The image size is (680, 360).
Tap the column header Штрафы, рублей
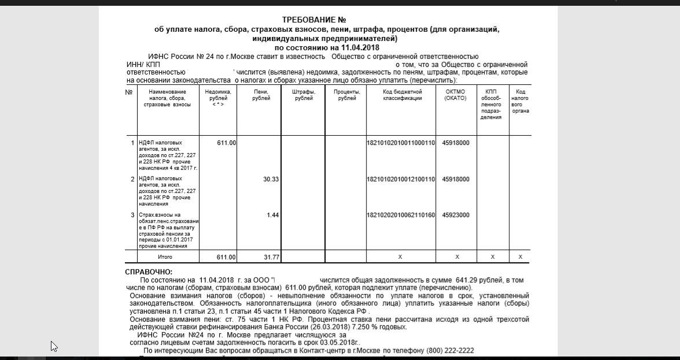(x=304, y=95)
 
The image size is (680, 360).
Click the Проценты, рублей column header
(x=346, y=95)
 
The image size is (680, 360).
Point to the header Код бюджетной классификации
(x=402, y=95)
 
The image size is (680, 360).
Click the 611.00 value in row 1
(x=226, y=143)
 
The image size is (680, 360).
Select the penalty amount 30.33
(x=271, y=179)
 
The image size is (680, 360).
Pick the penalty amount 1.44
(x=273, y=215)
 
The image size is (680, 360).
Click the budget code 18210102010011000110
(x=401, y=143)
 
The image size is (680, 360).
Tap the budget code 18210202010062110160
(x=401, y=215)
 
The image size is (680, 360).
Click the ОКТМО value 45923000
(x=456, y=215)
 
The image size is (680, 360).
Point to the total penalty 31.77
(x=271, y=257)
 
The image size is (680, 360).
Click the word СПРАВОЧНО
(x=149, y=272)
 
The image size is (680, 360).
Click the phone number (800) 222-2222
(x=450, y=351)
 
